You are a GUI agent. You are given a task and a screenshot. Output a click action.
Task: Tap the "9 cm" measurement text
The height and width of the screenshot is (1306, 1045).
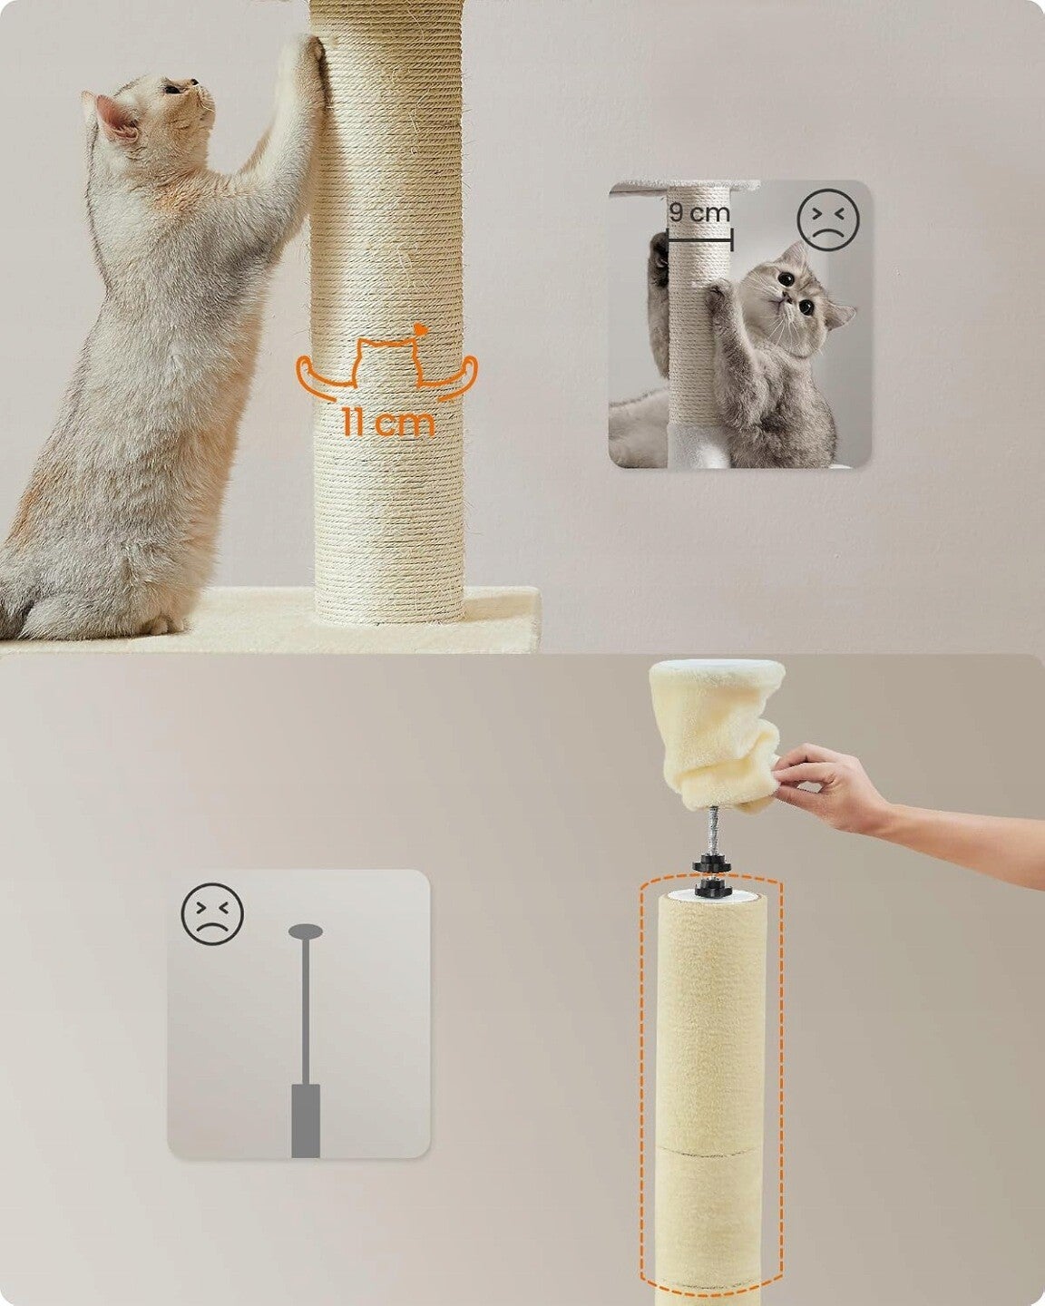coord(698,213)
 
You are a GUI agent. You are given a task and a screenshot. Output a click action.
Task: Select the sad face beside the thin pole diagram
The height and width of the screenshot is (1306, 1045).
coord(212,914)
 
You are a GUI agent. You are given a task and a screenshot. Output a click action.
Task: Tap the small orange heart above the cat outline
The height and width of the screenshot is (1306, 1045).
coord(420,329)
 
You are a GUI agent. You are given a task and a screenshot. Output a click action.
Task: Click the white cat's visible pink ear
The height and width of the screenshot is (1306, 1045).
coord(117,118)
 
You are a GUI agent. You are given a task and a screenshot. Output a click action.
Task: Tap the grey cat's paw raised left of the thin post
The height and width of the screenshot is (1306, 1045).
coord(659,258)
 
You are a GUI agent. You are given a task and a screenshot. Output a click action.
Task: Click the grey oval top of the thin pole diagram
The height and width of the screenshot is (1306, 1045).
coord(306,931)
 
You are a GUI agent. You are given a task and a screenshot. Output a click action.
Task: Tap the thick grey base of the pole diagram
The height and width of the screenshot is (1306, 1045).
coord(306,1120)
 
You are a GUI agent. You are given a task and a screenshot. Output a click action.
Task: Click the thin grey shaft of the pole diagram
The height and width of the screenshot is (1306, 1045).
coord(306,1011)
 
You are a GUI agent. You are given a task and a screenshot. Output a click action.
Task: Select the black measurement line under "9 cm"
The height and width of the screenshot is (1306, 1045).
coord(700,239)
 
